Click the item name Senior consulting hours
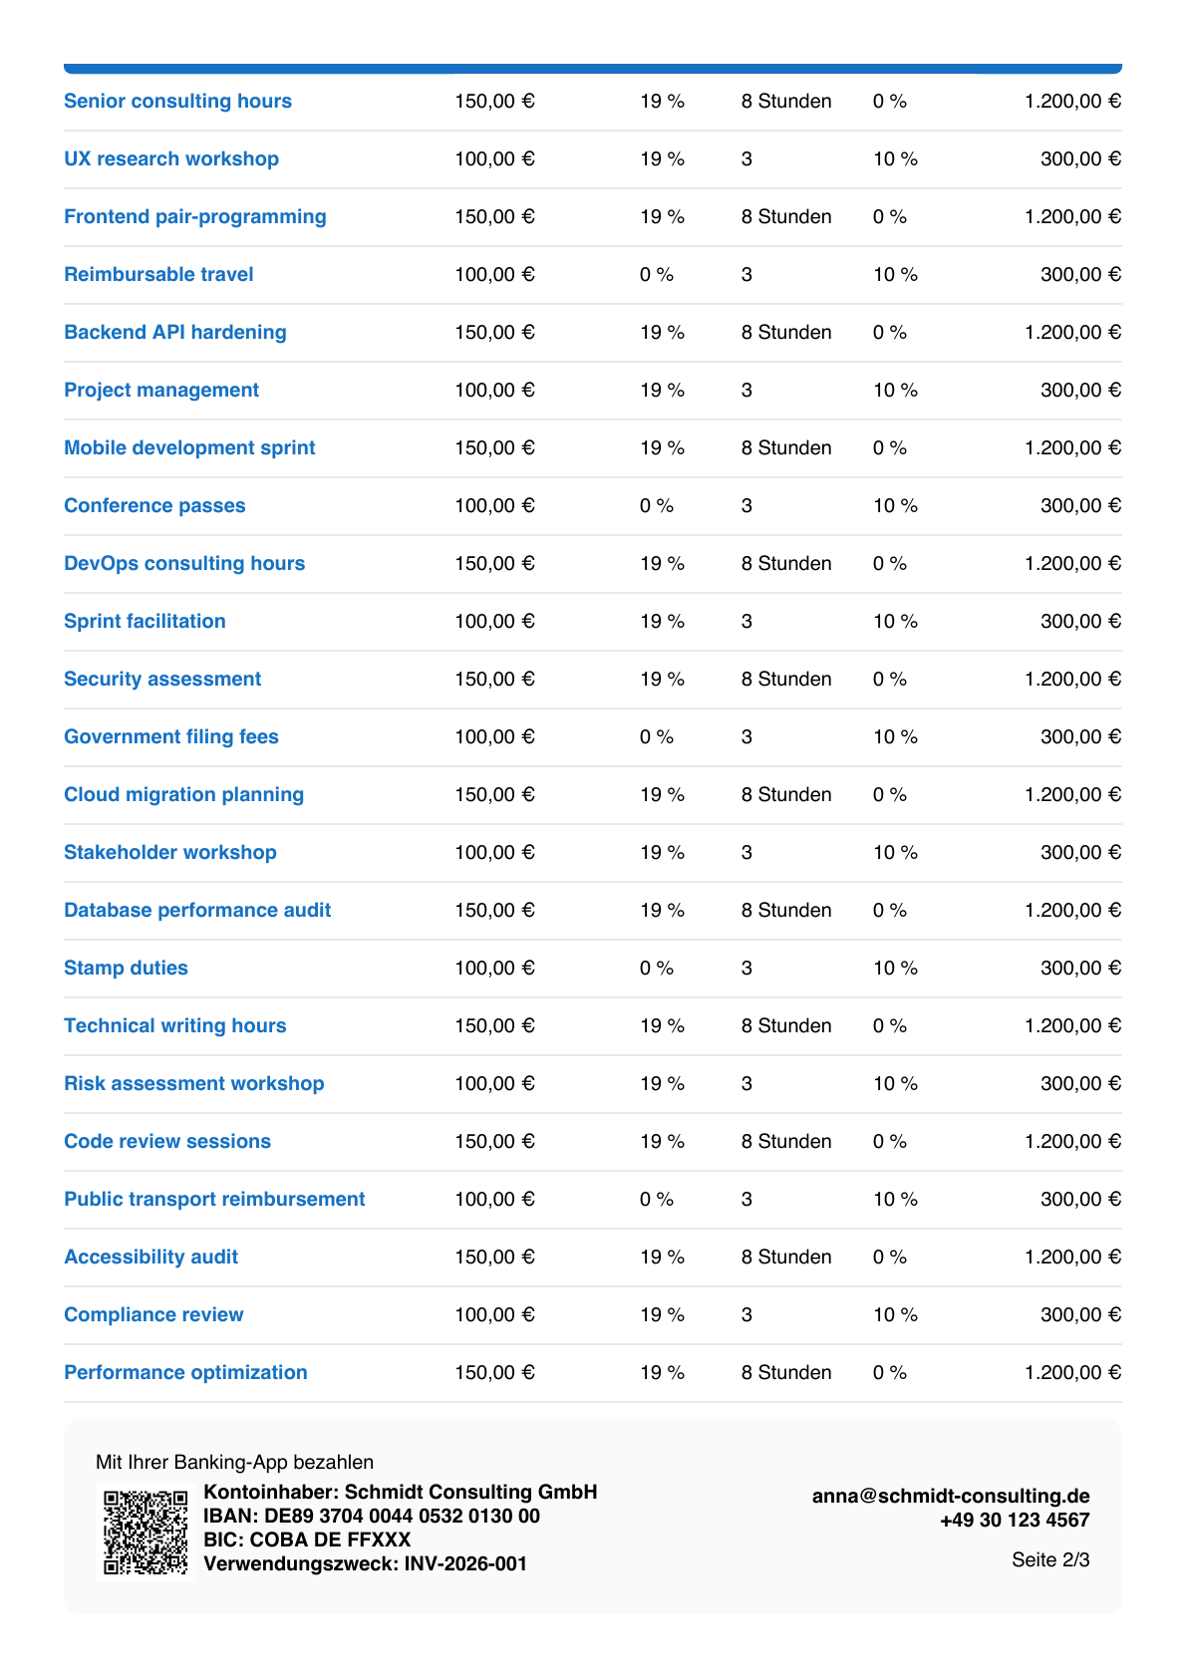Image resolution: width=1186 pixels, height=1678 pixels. (177, 101)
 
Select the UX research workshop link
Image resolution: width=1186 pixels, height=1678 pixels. (170, 158)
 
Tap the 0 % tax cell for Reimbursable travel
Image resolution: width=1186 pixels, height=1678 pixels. (657, 274)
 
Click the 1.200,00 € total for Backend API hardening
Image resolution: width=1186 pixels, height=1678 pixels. (1072, 332)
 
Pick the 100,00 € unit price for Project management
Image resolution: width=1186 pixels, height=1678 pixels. (494, 390)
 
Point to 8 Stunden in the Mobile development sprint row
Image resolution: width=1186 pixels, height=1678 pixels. (786, 447)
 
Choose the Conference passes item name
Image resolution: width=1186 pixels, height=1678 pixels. (154, 505)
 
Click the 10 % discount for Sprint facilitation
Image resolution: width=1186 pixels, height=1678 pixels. (895, 621)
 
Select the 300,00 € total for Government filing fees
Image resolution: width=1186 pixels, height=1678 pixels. (1080, 736)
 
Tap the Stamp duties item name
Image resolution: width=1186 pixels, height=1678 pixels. (126, 968)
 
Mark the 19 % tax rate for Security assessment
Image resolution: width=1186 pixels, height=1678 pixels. (662, 679)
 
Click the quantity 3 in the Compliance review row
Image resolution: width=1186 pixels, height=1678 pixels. (746, 1314)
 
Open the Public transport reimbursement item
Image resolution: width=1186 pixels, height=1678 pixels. (214, 1200)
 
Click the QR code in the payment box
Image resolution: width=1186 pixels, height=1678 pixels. (146, 1532)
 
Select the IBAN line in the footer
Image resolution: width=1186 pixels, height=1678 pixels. (372, 1517)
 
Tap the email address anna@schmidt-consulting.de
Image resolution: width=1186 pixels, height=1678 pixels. (951, 1496)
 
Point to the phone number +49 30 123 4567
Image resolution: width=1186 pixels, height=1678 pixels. (1015, 1520)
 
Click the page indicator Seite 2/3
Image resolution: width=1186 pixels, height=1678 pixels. (1050, 1559)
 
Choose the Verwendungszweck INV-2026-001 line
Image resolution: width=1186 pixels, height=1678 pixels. (366, 1564)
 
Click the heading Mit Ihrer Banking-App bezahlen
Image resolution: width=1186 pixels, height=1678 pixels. (234, 1462)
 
